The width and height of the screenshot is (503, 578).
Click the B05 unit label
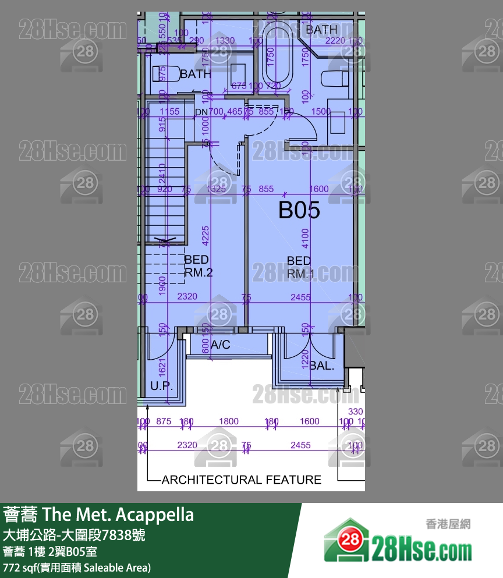(x=299, y=210)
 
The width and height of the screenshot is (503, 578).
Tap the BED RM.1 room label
(x=299, y=267)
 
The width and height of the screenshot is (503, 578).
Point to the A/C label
(x=221, y=345)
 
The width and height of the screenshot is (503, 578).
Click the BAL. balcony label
(x=321, y=366)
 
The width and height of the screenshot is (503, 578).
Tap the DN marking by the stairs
(x=201, y=112)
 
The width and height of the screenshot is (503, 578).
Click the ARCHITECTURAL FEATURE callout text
(x=241, y=480)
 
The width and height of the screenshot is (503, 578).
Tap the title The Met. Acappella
(x=98, y=515)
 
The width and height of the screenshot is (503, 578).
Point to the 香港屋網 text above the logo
(x=449, y=524)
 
